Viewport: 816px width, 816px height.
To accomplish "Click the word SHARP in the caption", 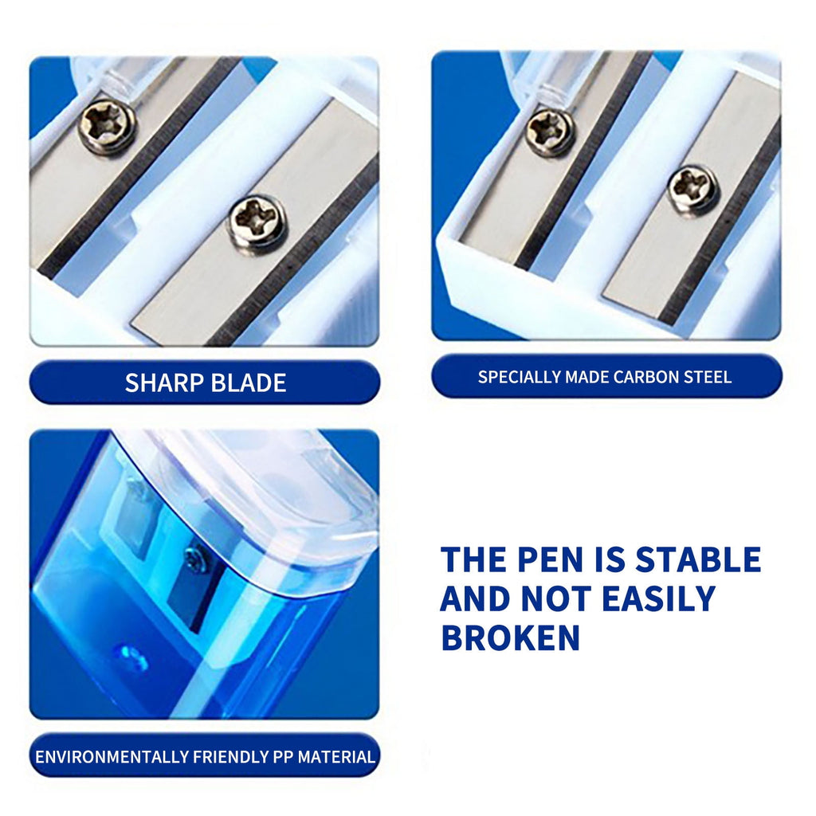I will (x=163, y=382).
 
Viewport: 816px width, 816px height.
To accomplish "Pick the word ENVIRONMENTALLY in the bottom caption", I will (x=111, y=756).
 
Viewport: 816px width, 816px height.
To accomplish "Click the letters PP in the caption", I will (x=282, y=756).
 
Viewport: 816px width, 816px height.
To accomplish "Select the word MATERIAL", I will (x=336, y=756).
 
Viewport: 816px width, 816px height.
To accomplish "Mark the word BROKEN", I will (x=510, y=637).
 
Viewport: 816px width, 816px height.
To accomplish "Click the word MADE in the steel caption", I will (x=586, y=377).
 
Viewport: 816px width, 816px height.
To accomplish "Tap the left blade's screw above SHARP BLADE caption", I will (x=107, y=125).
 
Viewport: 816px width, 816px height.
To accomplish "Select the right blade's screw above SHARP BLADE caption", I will (x=257, y=220).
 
